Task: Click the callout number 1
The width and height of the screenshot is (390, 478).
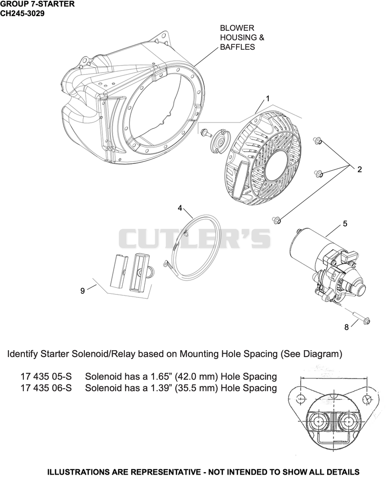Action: tap(268, 99)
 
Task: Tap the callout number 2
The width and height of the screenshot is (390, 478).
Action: tap(360, 170)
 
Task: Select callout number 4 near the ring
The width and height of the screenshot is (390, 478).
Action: tap(180, 208)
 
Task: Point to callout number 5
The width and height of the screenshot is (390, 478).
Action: tap(345, 224)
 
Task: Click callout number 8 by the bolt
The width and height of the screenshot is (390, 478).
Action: tap(347, 327)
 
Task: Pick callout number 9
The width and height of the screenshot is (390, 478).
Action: tap(82, 291)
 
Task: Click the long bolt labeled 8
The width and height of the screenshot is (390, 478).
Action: tap(362, 318)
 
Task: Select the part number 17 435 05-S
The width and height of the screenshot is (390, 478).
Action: tap(46, 377)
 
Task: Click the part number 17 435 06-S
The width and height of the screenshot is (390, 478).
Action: tap(46, 388)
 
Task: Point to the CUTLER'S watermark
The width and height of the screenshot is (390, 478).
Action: tap(194, 239)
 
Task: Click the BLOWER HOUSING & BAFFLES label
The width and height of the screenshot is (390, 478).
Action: tap(242, 38)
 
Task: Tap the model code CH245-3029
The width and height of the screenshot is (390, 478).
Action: tap(22, 14)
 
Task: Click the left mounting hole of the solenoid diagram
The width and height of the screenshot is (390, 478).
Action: tap(301, 398)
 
